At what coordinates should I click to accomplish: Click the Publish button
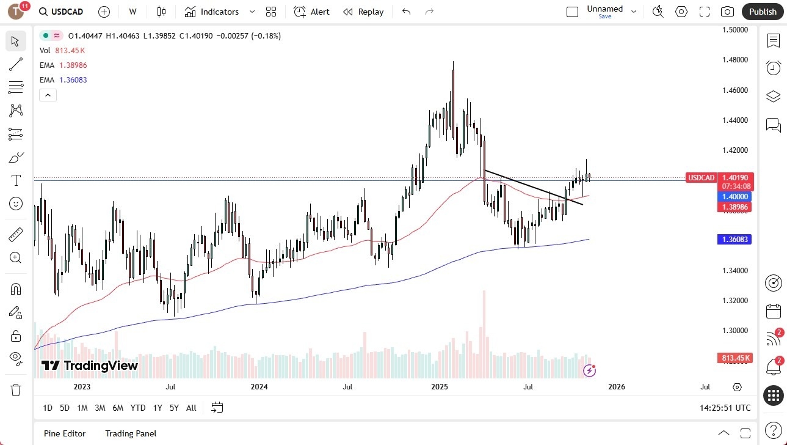pos(763,12)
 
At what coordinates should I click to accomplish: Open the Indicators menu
pos(219,12)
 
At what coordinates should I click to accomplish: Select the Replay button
pos(363,12)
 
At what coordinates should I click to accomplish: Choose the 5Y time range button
pos(174,408)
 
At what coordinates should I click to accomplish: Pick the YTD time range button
pos(138,408)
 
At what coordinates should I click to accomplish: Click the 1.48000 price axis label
pos(735,60)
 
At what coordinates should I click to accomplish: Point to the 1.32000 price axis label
pos(735,301)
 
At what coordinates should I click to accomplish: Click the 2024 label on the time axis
pos(259,386)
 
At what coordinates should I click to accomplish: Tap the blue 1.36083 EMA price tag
pos(734,240)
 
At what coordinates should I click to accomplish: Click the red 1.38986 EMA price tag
pos(734,207)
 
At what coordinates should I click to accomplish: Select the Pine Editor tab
pos(64,433)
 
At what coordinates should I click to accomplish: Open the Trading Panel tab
pos(131,433)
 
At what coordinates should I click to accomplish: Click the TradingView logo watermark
pos(90,366)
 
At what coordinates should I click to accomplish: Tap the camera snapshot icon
pos(727,12)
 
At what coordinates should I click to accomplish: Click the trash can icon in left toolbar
pos(15,389)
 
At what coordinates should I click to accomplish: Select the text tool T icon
pos(16,180)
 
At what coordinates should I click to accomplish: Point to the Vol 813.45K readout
pos(62,50)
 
